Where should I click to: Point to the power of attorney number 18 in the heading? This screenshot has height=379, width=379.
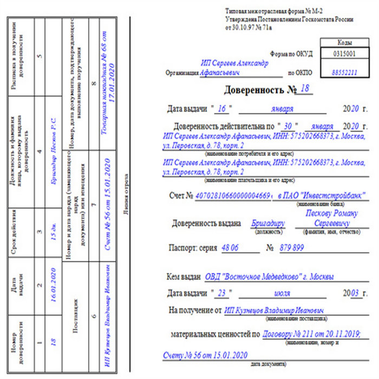pyautogui.click(x=305, y=88)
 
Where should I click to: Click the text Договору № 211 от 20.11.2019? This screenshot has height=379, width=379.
pyautogui.click(x=311, y=335)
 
